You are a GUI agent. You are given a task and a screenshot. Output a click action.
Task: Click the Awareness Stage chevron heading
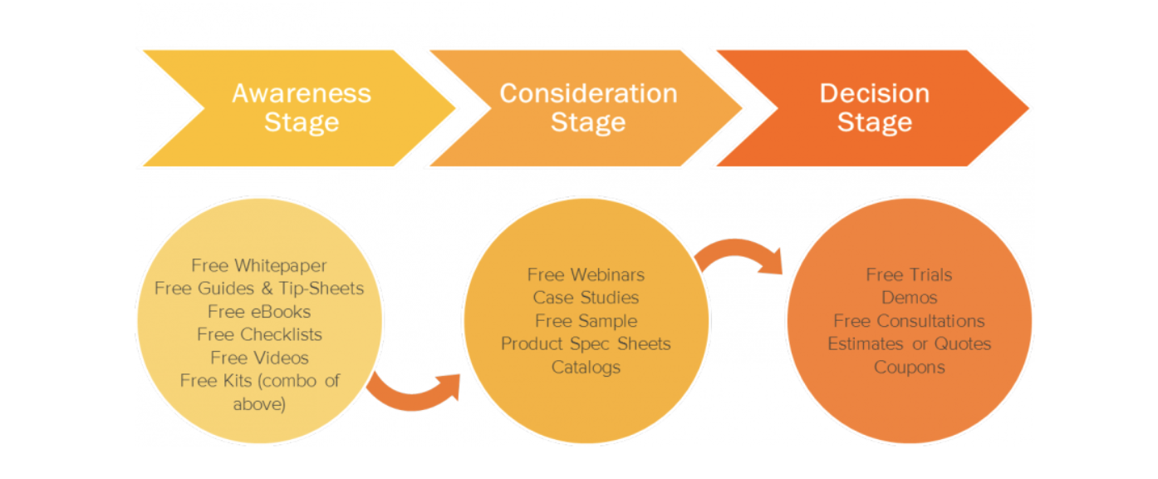coord(301,108)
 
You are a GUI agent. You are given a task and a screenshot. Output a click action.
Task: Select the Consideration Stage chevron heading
coord(587,108)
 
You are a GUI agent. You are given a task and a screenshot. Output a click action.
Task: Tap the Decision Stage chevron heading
coord(874,108)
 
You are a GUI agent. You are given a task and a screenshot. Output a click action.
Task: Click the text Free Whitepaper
coord(259,266)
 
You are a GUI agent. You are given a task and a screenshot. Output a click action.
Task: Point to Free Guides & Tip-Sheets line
coord(259,289)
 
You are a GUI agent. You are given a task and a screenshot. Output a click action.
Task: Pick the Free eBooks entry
coord(259,312)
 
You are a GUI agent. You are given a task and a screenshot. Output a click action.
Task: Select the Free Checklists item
coord(259,334)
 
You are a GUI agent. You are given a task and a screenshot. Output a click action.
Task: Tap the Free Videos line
coord(259,358)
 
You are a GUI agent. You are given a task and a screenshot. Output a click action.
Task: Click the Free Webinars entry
coord(586,274)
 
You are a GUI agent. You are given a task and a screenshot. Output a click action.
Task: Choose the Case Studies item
coord(586,298)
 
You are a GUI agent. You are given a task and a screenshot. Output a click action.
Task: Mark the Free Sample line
coord(586,321)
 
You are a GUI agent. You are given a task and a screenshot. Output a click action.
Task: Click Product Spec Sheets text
coord(586,343)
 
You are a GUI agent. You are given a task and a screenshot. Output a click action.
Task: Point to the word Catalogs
coord(586,367)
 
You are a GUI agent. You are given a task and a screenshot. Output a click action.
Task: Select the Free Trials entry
coord(909,274)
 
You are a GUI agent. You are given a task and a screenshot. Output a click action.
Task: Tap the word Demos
coord(909,298)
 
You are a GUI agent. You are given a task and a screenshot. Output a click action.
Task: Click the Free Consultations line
coord(909,321)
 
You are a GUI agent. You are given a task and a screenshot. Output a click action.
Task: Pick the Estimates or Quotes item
coord(909,343)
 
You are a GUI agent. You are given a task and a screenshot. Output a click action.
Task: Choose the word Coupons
coord(909,367)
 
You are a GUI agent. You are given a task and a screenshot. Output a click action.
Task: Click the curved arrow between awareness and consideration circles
coord(412,391)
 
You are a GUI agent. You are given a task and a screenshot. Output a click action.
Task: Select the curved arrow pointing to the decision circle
coord(739,254)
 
